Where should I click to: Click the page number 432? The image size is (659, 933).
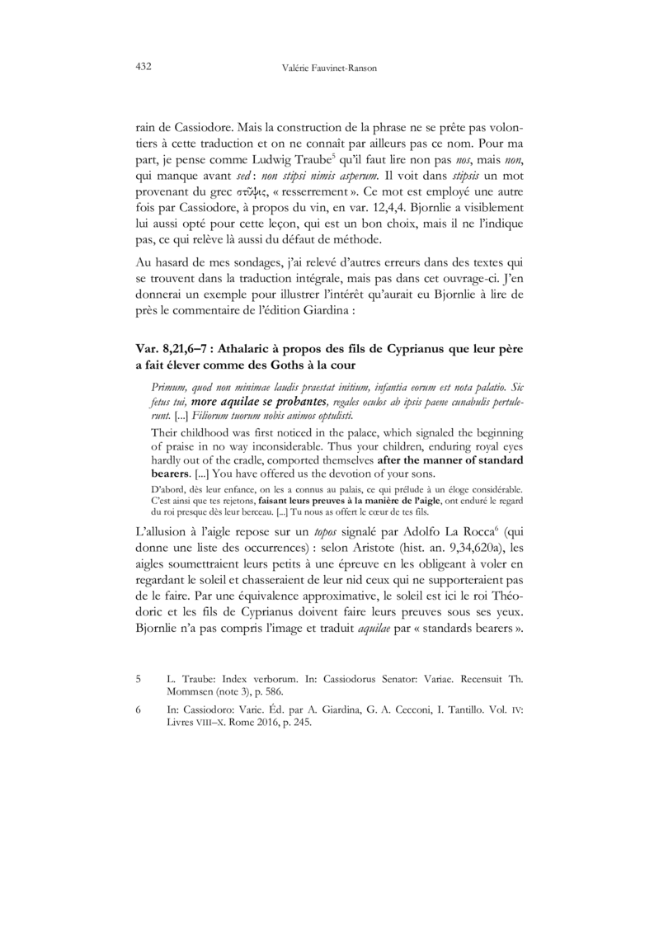click(x=141, y=67)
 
